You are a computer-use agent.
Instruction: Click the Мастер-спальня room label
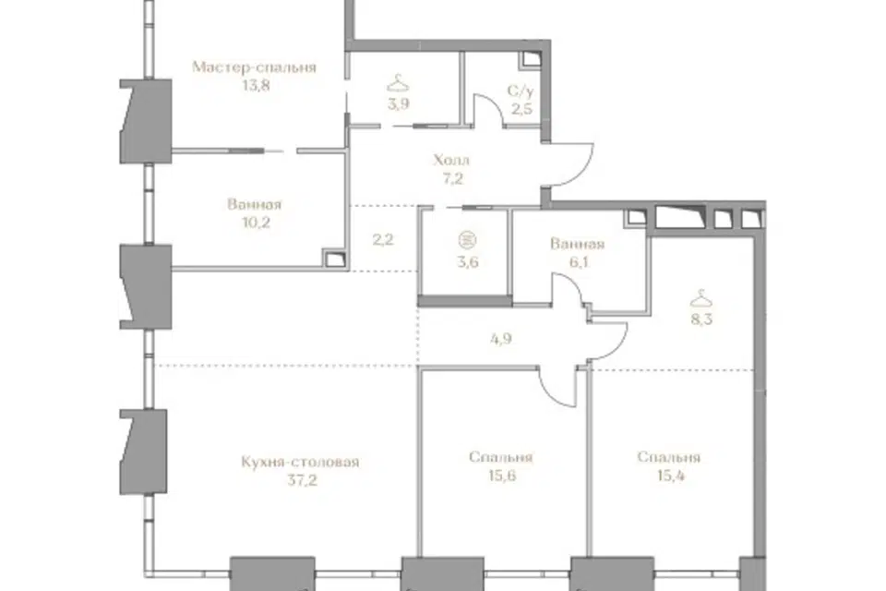(x=254, y=67)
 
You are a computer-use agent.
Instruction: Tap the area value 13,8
(x=256, y=85)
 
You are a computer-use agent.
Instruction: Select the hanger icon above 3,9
(x=399, y=84)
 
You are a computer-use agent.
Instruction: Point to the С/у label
(x=521, y=90)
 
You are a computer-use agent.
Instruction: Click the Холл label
(x=451, y=160)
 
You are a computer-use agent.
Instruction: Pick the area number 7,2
(x=452, y=179)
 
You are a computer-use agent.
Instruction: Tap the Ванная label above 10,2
(x=255, y=204)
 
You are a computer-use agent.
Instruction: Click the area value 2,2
(x=382, y=240)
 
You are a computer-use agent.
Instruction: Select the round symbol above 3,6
(x=467, y=240)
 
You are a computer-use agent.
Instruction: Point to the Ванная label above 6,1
(x=578, y=245)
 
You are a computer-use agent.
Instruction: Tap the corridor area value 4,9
(x=501, y=339)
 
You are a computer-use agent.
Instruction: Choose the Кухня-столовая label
(x=300, y=462)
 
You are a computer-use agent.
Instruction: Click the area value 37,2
(x=303, y=481)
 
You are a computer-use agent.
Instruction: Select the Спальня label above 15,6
(x=500, y=457)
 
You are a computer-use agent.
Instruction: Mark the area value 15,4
(x=671, y=476)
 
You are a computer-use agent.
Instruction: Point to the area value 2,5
(x=521, y=109)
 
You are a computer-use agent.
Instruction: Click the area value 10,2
(x=256, y=223)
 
